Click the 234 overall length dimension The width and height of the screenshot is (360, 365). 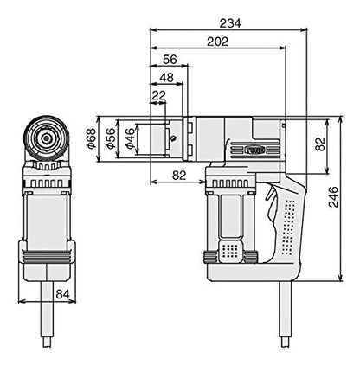tap(230, 23)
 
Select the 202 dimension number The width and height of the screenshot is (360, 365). tap(217, 42)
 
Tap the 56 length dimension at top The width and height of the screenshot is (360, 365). tap(170, 60)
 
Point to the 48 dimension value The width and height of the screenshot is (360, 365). tap(167, 78)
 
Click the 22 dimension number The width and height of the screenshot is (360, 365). tap(159, 95)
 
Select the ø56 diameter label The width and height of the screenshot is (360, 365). tap(111, 138)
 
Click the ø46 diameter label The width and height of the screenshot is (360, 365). tap(131, 138)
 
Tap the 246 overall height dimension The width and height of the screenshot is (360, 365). tap(333, 197)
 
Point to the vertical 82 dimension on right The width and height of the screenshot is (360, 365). tap(320, 144)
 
